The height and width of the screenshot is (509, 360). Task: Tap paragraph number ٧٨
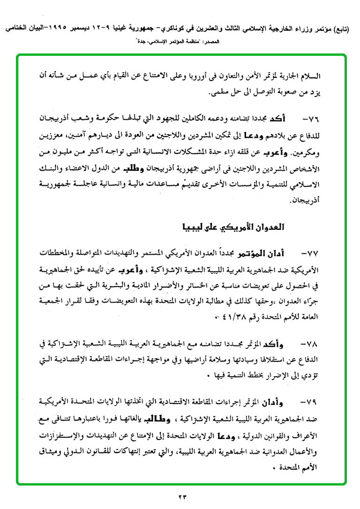coord(311,344)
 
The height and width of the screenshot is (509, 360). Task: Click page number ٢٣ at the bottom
coord(182,496)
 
